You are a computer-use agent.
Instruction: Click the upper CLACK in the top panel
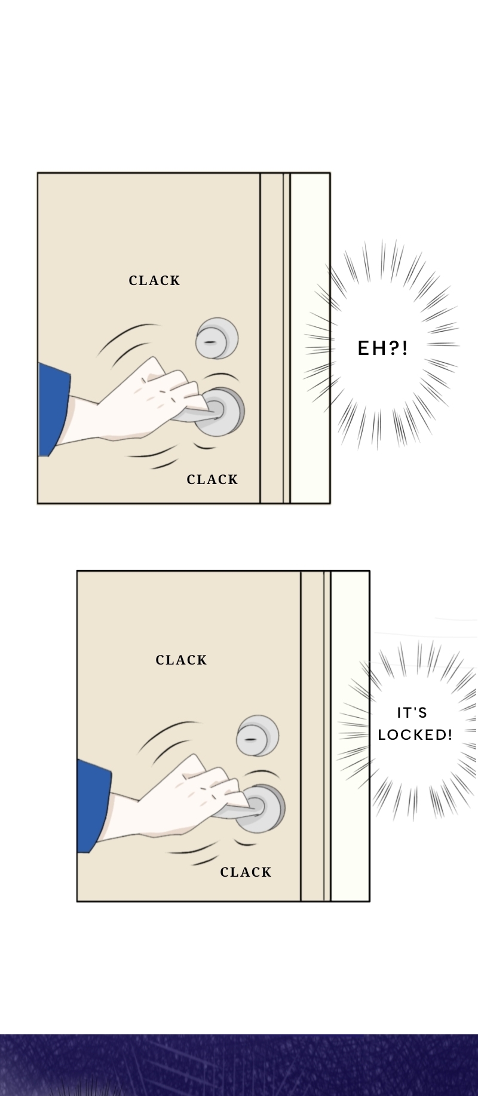[x=154, y=280]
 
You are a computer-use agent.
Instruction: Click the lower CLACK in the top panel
[x=212, y=479]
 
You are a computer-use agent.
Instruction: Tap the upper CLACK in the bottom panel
[x=181, y=660]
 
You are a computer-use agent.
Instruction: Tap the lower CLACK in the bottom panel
[x=246, y=872]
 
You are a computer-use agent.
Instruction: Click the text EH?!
[x=383, y=348]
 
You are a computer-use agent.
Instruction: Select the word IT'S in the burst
[x=412, y=712]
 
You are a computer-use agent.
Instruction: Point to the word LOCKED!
[x=415, y=734]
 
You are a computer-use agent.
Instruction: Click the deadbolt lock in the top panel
[x=217, y=339]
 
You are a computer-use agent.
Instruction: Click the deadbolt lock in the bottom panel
[x=258, y=736]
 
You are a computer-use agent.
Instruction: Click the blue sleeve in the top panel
[x=53, y=409]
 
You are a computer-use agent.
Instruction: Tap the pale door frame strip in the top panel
[x=310, y=338]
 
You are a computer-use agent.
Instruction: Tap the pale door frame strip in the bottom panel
[x=350, y=735]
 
